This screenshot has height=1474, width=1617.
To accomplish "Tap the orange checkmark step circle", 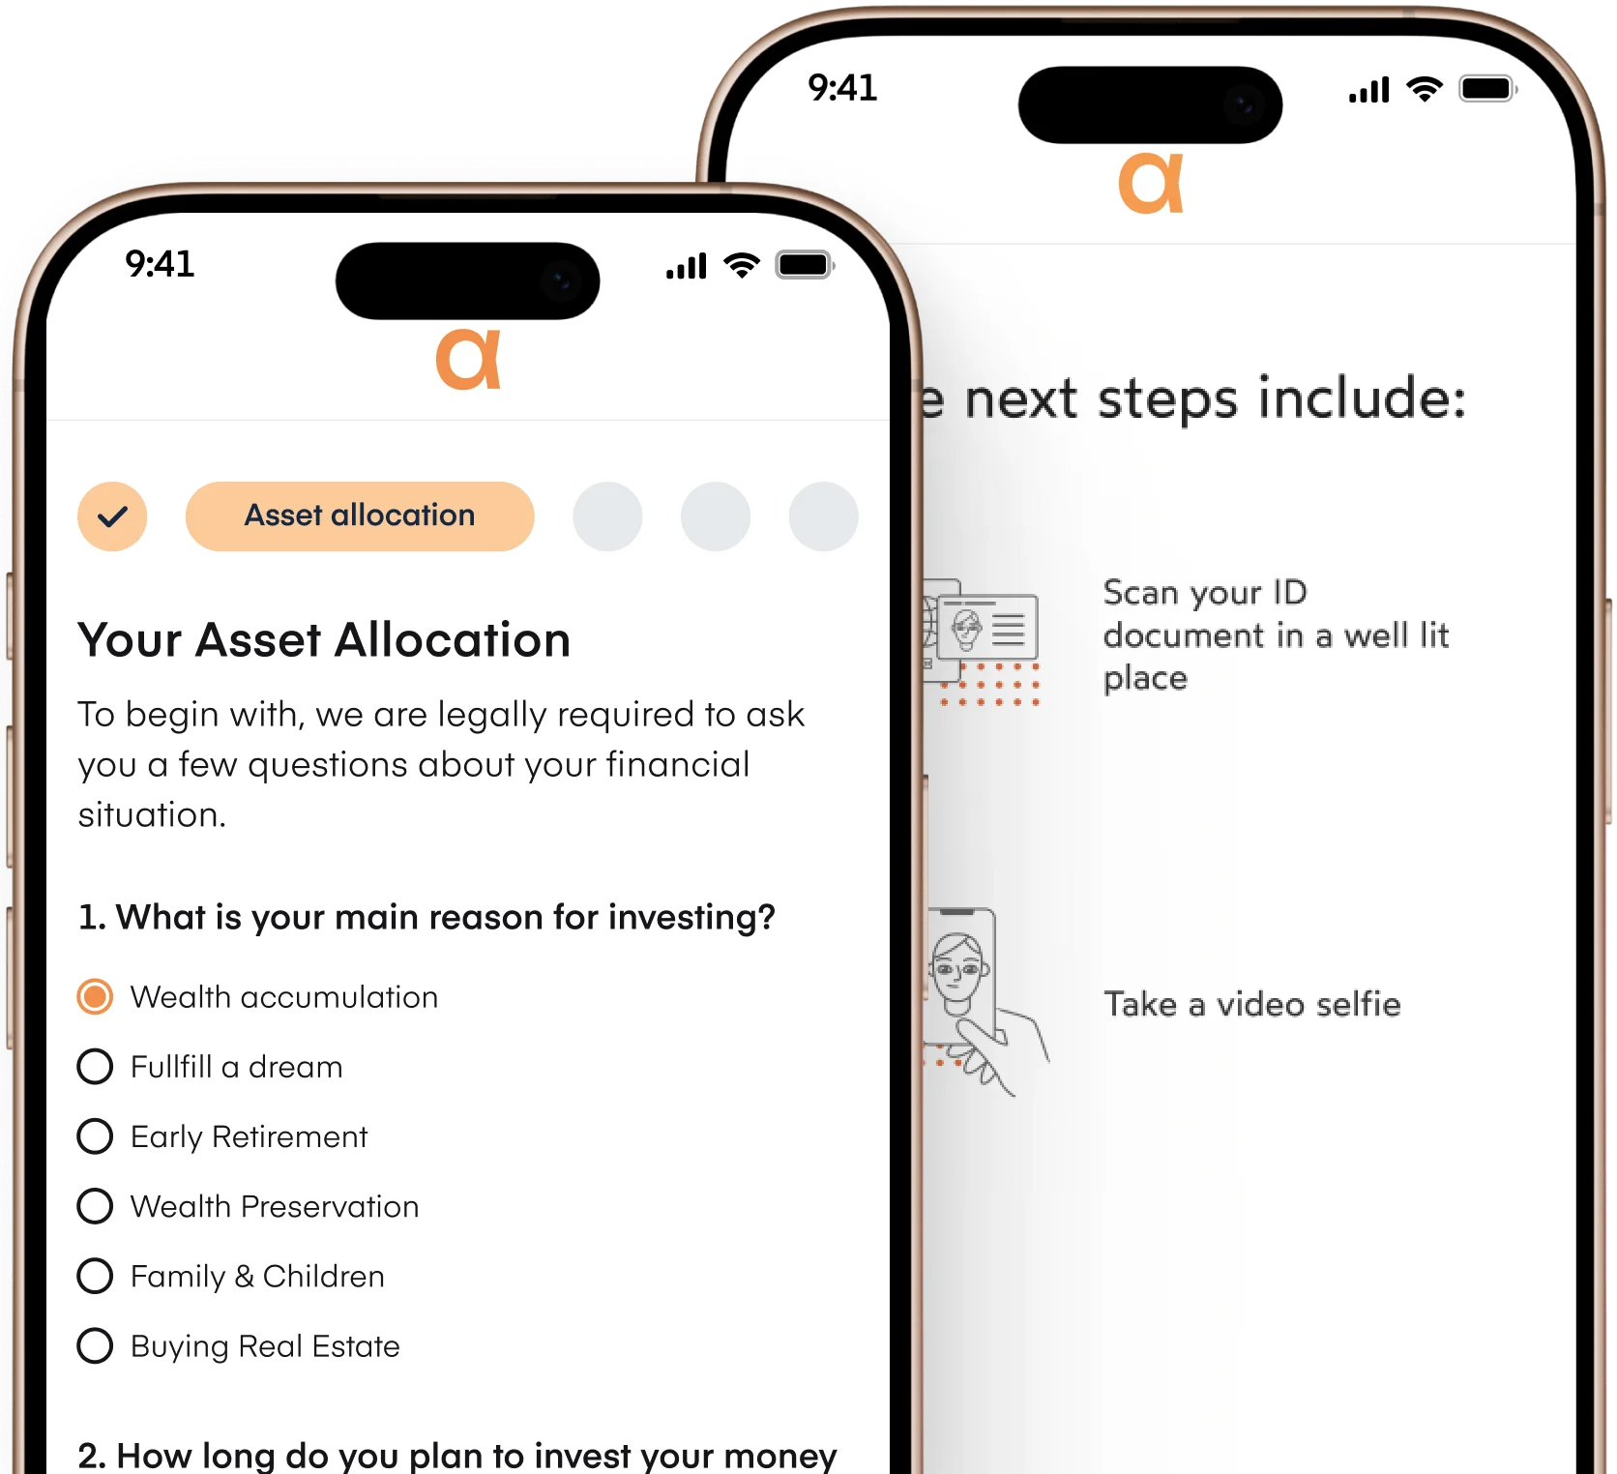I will (x=112, y=516).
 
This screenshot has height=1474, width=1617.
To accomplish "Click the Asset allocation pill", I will (x=360, y=516).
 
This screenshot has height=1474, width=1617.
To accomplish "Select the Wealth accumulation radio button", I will (x=95, y=996).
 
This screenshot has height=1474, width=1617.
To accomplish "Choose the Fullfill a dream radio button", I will (x=95, y=1066).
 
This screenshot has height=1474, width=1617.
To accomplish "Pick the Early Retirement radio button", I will (x=95, y=1135).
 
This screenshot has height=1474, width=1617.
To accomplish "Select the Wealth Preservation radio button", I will (x=95, y=1206).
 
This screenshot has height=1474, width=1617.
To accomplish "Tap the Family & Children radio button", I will (x=95, y=1276).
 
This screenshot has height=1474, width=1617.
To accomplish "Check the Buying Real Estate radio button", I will (x=95, y=1345).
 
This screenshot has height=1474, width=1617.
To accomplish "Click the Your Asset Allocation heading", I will (x=324, y=640).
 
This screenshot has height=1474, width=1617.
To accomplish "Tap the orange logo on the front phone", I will (x=468, y=360).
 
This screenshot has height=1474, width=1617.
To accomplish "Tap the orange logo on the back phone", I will (x=1151, y=183).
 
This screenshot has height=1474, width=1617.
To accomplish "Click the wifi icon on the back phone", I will (x=1424, y=89).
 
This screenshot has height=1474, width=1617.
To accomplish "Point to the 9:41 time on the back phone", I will (x=842, y=88).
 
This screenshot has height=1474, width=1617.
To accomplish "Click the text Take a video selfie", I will (x=1251, y=1004).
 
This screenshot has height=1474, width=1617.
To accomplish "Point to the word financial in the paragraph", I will (x=677, y=764).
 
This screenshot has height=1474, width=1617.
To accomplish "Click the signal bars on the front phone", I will (x=687, y=266).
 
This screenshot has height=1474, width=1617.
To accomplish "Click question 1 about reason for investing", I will (x=426, y=917).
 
